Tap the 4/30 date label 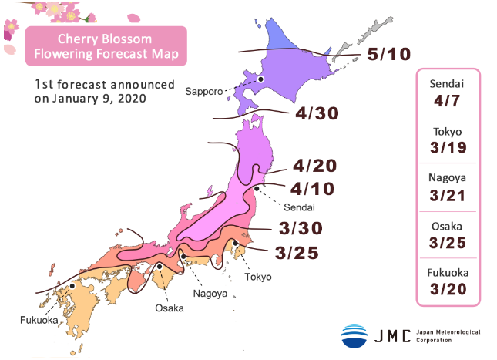(x=317, y=114)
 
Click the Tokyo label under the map (x=258, y=277)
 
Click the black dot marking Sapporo (x=261, y=79)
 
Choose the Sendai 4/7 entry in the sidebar (x=448, y=93)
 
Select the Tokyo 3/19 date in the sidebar (x=448, y=146)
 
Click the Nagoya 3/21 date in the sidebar (x=448, y=193)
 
